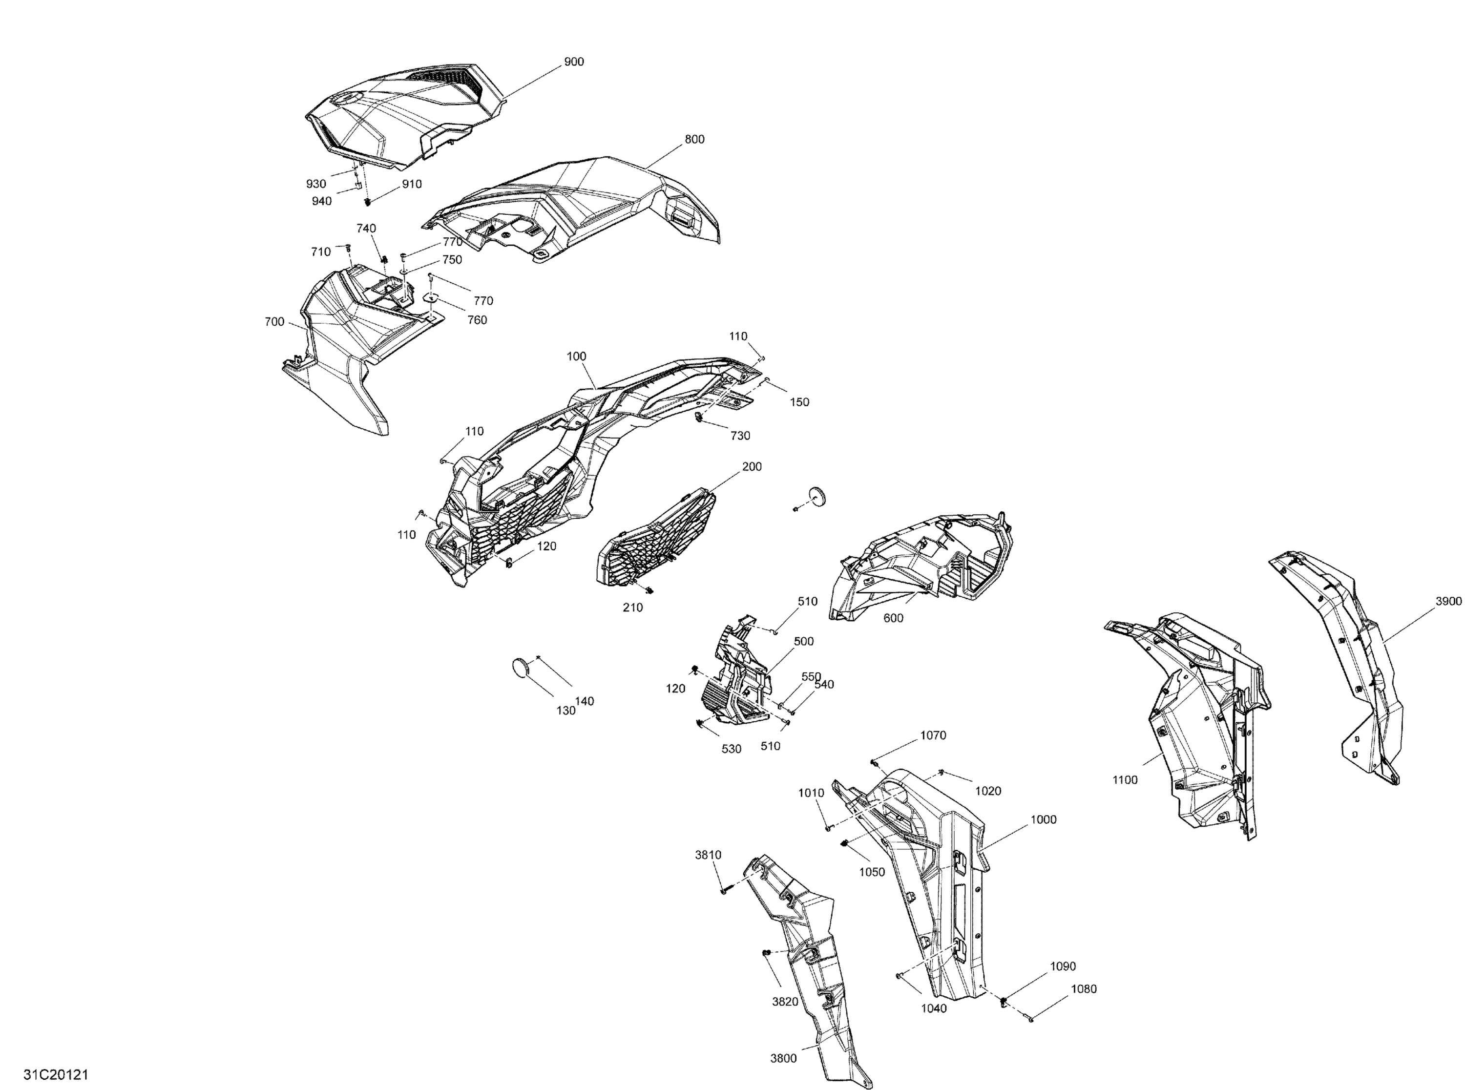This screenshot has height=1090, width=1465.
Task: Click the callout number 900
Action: [x=573, y=62]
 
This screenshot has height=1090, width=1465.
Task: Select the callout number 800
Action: [x=694, y=139]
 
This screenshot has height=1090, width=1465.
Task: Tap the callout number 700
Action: [x=274, y=322]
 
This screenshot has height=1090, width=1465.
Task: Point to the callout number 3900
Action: [x=1448, y=601]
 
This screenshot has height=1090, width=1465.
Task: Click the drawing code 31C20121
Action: [x=56, y=1075]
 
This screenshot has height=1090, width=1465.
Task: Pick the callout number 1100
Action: [x=1125, y=780]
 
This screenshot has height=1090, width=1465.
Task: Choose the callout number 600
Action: [x=893, y=618]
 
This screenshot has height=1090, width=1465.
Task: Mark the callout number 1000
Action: [x=1044, y=819]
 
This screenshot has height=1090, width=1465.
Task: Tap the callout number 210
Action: [x=632, y=608]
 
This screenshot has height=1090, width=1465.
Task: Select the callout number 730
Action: [x=740, y=436]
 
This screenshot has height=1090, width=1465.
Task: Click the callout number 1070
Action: [x=933, y=735]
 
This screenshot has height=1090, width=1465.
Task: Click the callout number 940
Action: [x=321, y=201]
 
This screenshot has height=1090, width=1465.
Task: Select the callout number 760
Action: [x=477, y=320]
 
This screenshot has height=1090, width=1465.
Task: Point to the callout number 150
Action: [x=799, y=402]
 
